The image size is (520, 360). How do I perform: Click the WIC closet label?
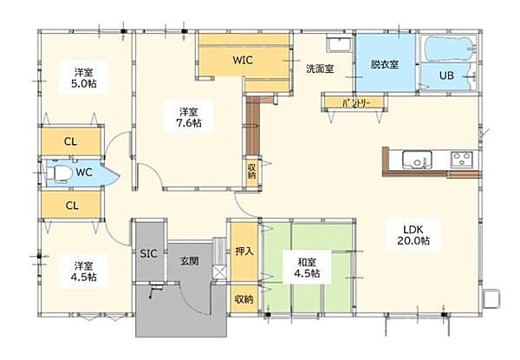click(242, 60)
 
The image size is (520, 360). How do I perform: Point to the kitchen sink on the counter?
click(415, 159)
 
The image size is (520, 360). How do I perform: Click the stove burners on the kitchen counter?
click(460, 159)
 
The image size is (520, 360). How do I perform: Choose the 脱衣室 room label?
click(384, 64)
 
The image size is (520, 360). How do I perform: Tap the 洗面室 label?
click(320, 68)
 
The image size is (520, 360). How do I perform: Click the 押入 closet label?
click(244, 252)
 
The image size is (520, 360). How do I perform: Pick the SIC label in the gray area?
click(148, 254)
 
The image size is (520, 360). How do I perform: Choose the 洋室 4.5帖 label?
click(84, 271)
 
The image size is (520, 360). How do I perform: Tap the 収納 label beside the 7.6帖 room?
click(251, 171)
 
